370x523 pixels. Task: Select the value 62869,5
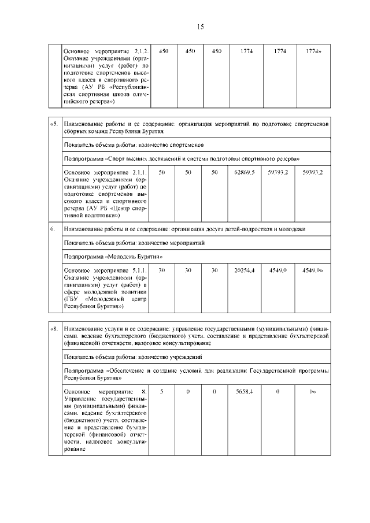(245, 172)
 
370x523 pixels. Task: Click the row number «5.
(54, 124)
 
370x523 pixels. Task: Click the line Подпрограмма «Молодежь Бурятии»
(109, 257)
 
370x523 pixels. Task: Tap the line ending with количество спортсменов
(133, 144)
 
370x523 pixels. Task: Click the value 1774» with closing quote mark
(313, 51)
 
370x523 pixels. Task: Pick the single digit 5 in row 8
(162, 392)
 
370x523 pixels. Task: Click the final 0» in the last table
(312, 392)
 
